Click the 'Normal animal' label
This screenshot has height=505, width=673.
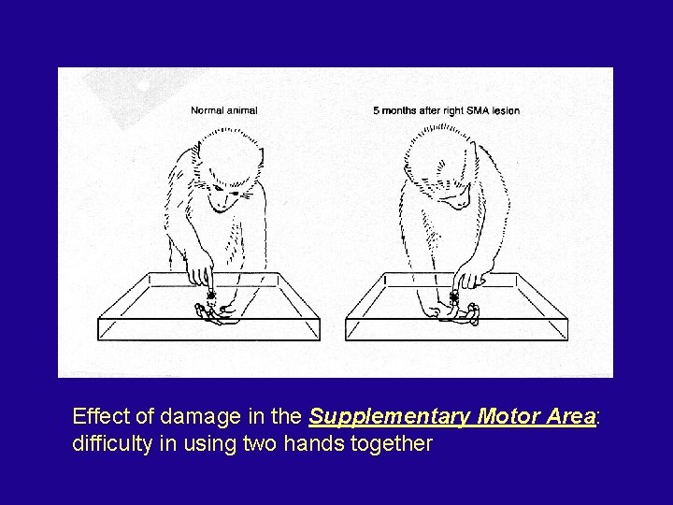(223, 110)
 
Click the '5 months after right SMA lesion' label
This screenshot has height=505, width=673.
(446, 110)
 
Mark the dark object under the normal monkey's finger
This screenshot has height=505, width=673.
(211, 296)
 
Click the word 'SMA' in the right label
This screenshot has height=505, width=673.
(475, 110)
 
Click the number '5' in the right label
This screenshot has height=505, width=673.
(376, 110)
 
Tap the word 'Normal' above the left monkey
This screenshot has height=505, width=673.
(207, 110)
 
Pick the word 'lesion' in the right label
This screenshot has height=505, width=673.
(505, 110)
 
